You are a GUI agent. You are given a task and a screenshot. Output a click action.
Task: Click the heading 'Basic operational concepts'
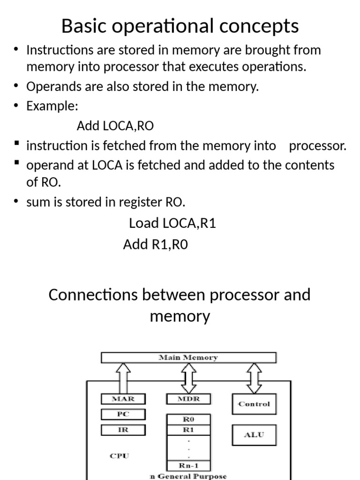180,26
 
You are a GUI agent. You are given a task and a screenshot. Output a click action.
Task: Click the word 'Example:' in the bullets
52,106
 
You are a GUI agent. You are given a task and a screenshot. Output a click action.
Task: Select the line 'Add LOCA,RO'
115,126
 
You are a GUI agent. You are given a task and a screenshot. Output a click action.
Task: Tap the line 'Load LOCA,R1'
172,223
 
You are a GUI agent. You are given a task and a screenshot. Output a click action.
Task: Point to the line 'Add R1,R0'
155,244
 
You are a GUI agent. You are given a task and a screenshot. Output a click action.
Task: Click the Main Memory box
188,358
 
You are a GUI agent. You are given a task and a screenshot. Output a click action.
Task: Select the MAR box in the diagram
123,399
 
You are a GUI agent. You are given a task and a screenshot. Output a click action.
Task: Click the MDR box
188,399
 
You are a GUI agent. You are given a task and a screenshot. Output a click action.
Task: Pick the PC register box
123,414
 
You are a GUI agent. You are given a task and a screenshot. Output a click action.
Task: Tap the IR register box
123,429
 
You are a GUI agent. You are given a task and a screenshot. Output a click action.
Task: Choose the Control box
254,404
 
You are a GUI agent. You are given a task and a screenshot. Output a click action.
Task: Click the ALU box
254,435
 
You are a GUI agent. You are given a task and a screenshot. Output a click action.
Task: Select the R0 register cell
188,420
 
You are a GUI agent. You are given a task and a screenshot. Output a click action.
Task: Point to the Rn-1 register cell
188,465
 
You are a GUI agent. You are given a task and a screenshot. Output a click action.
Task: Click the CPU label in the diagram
120,455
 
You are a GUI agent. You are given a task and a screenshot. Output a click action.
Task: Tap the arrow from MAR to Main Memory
123,378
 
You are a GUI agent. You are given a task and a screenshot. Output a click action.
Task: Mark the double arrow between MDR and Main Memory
188,378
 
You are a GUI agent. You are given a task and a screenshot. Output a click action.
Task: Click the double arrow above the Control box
254,378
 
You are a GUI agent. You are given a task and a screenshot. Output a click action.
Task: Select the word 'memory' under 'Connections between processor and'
180,316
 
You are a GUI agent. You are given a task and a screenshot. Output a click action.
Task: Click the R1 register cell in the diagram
188,429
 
